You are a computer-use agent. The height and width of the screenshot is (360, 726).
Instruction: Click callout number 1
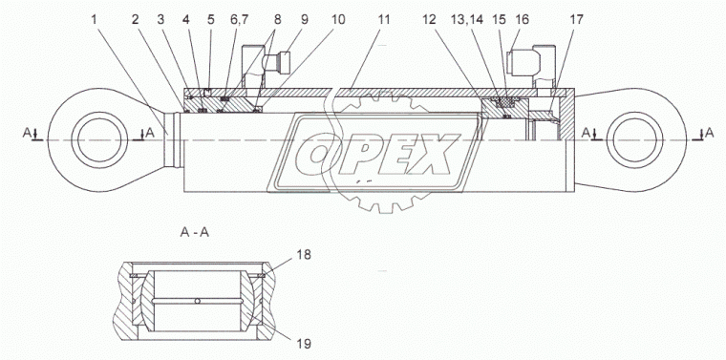95,20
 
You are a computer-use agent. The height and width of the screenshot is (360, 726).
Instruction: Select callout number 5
211,20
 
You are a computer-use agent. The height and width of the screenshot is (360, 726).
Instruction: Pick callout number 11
383,20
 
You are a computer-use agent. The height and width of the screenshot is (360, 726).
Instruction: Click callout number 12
430,20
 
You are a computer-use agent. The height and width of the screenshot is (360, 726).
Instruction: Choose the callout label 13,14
466,20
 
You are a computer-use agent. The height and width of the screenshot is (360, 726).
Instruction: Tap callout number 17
577,20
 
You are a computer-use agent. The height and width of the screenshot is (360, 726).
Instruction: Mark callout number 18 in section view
305,255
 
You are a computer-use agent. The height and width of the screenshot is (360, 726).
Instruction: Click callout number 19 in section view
304,344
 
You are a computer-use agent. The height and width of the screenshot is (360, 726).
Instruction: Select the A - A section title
195,233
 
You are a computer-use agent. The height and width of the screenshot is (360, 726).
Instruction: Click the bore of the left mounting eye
99,140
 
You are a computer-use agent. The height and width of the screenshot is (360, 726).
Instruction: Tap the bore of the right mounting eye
633,140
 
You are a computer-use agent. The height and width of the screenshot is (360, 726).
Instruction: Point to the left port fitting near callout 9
275,61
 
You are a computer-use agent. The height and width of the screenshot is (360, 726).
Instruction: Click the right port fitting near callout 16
523,60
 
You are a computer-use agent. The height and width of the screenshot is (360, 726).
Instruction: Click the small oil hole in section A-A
198,302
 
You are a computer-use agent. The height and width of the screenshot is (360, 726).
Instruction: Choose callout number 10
338,20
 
